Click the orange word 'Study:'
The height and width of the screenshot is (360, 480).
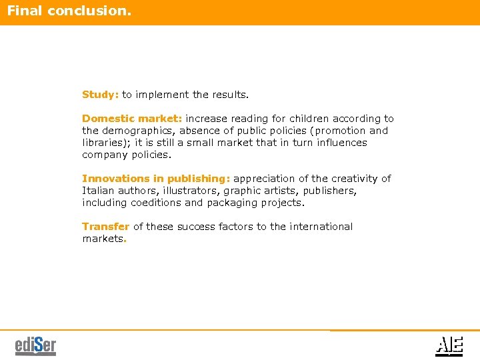(100, 95)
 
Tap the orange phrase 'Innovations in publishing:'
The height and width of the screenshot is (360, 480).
(156, 179)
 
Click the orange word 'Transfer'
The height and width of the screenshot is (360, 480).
(105, 227)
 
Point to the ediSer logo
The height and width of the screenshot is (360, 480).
(35, 346)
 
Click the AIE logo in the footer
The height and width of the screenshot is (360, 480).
(449, 345)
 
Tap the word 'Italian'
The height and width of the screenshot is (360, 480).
(97, 191)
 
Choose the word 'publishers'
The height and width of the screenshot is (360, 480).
(328, 191)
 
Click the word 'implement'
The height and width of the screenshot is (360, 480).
(161, 95)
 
